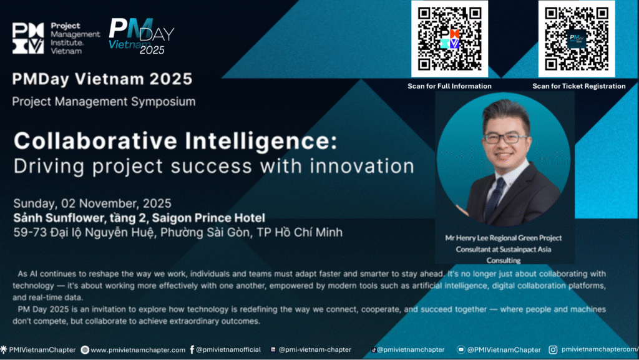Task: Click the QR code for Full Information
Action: [449, 39]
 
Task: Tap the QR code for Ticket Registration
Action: [577, 39]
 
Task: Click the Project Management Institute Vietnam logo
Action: [56, 38]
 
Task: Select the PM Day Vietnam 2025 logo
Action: [142, 37]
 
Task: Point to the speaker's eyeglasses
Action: [505, 138]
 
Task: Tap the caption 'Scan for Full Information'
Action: [449, 86]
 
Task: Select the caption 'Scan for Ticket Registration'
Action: [578, 86]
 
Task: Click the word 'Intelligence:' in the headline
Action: [261, 141]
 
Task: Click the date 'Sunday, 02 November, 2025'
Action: [92, 203]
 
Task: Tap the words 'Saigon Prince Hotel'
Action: [208, 218]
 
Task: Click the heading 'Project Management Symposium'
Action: [104, 102]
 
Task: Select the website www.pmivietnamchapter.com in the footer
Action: [138, 350]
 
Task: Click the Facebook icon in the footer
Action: [192, 349]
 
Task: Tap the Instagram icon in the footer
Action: [553, 349]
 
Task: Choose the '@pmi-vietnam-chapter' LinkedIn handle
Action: [315, 349]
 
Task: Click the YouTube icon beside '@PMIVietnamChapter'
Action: [461, 349]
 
